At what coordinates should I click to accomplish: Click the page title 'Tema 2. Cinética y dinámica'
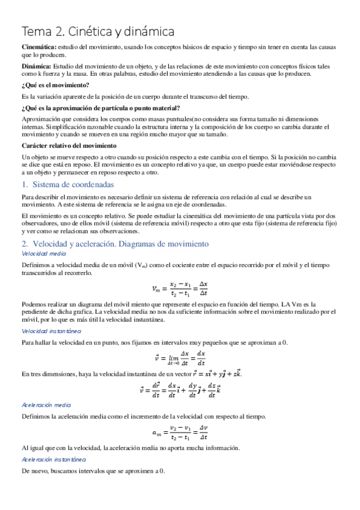pos(98,31)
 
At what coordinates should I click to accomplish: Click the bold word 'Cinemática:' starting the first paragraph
pos(40,46)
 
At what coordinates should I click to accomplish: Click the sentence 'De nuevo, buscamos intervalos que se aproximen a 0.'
pos(93,471)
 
